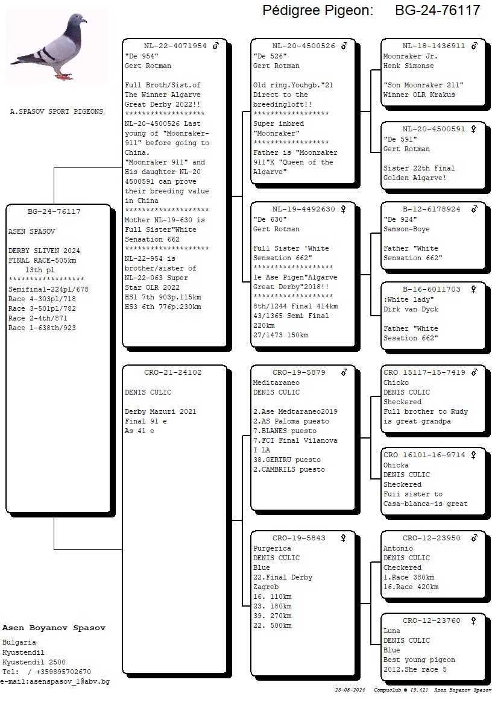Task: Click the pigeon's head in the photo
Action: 77,20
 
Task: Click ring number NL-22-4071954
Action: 175,46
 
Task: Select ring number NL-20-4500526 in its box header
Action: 303,46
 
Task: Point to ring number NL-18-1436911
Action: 434,46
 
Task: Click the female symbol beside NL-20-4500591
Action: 474,129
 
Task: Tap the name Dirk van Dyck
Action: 411,310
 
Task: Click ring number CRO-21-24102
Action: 173,372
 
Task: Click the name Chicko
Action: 396,383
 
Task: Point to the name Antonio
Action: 398,549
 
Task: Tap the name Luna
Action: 391,631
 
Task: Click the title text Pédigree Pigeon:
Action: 318,10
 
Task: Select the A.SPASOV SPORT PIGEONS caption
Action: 57,112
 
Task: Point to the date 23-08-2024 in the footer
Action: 351,690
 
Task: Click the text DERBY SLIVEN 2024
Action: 44,251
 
